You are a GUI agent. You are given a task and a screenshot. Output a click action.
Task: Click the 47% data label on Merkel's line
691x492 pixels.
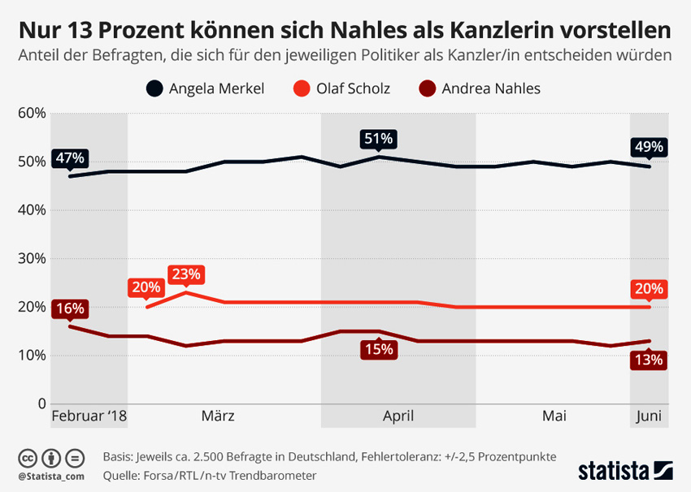click(70, 158)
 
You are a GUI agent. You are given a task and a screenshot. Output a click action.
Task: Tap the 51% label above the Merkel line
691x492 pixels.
click(377, 139)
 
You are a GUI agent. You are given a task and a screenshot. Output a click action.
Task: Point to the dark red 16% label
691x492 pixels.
click(69, 309)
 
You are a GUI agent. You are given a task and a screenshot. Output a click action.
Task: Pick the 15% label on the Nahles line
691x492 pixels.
click(378, 349)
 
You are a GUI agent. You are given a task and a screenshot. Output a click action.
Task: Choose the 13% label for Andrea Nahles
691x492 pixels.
click(649, 360)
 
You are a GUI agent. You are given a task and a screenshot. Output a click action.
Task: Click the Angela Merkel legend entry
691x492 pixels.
click(206, 88)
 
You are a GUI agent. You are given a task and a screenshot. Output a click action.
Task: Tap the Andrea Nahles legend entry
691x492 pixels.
click(480, 88)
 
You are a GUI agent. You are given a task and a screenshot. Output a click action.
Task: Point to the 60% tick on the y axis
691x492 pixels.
click(31, 113)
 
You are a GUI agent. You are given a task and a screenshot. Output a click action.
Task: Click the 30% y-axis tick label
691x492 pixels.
click(31, 258)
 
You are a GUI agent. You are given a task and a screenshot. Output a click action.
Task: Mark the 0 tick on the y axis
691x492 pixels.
click(40, 404)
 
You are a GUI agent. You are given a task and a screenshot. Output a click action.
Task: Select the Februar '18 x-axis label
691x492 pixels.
click(89, 416)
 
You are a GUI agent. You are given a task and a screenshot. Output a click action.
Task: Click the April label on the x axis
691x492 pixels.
click(398, 416)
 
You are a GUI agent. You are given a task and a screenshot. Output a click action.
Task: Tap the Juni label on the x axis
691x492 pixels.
click(649, 416)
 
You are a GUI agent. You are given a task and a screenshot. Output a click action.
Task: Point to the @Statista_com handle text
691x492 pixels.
click(50, 475)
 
